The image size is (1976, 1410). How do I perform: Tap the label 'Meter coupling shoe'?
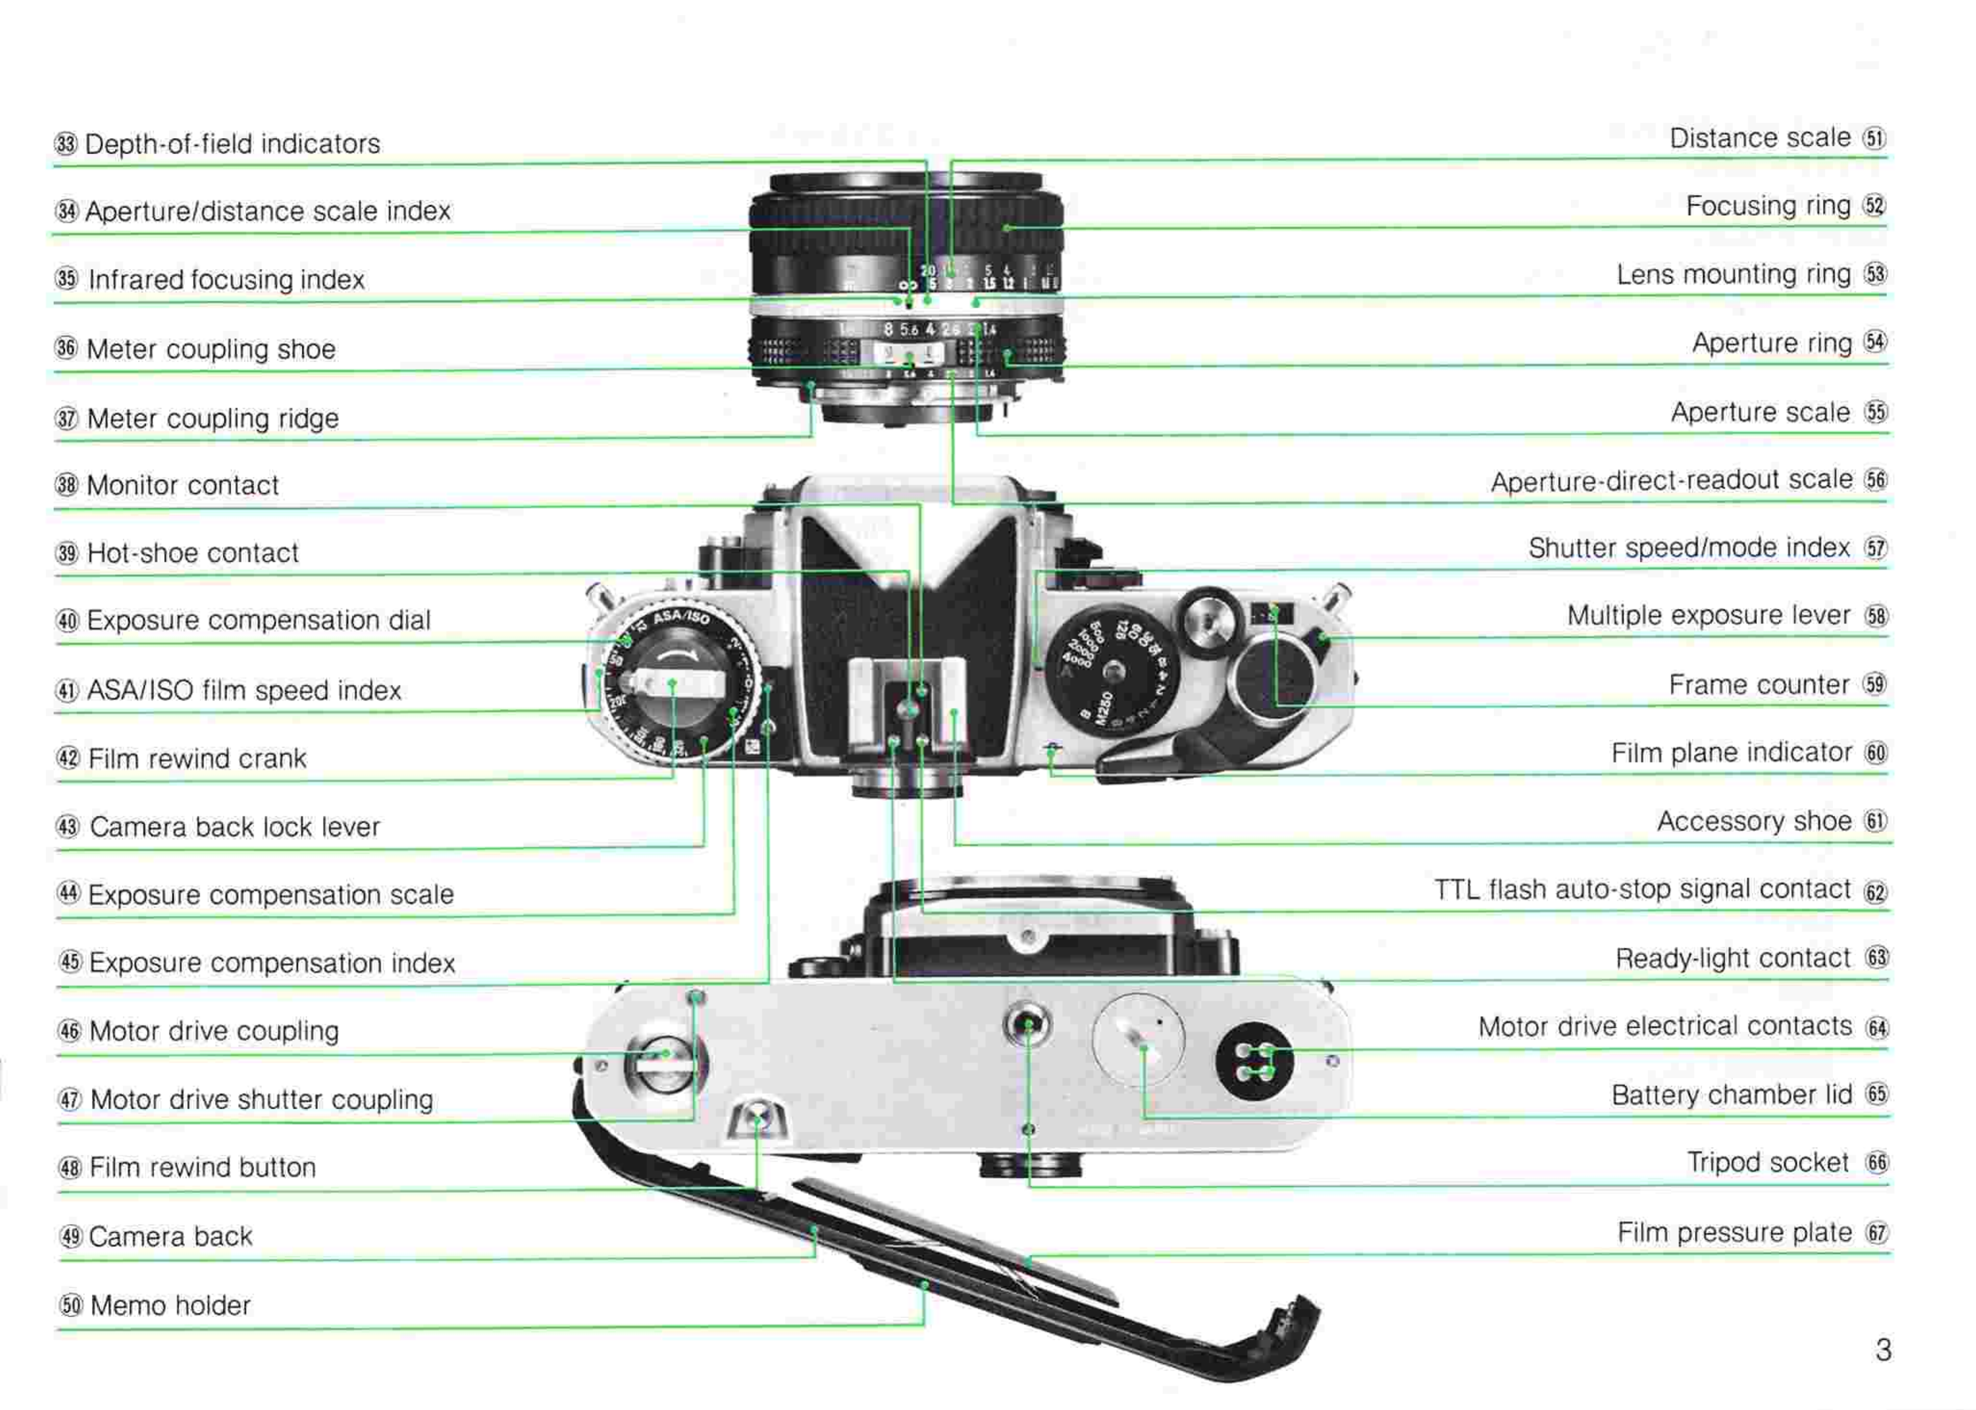[x=211, y=349]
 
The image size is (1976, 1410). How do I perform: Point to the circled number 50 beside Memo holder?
[x=70, y=1305]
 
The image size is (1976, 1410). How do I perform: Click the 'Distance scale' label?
[x=1760, y=138]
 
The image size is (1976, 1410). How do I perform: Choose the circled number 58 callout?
[x=1876, y=616]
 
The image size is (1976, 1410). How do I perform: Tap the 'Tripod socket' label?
[x=1768, y=1163]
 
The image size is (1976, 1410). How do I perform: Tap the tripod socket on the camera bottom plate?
[x=1028, y=1025]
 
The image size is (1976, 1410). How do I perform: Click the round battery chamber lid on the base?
[x=1138, y=1039]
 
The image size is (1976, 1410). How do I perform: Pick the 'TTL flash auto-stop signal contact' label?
[x=1642, y=890]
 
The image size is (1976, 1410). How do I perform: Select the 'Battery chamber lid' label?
[x=1731, y=1095]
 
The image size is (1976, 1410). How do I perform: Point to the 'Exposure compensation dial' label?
[x=259, y=621]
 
